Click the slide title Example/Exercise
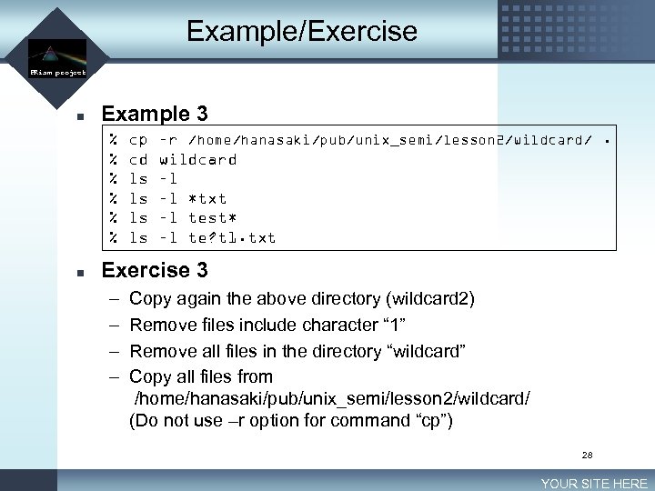tap(301, 32)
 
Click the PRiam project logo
tap(56, 57)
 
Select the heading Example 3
tap(155, 114)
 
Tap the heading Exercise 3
tap(155, 270)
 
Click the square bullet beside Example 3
tap(80, 115)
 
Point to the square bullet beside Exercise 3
tap(80, 272)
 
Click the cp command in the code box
tap(138, 140)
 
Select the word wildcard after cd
tap(197, 160)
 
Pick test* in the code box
tap(212, 218)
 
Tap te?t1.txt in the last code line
tap(232, 238)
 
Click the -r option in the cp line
tap(168, 140)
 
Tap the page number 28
tap(587, 455)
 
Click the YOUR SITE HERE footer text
tap(594, 484)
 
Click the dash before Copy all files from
tap(112, 376)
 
